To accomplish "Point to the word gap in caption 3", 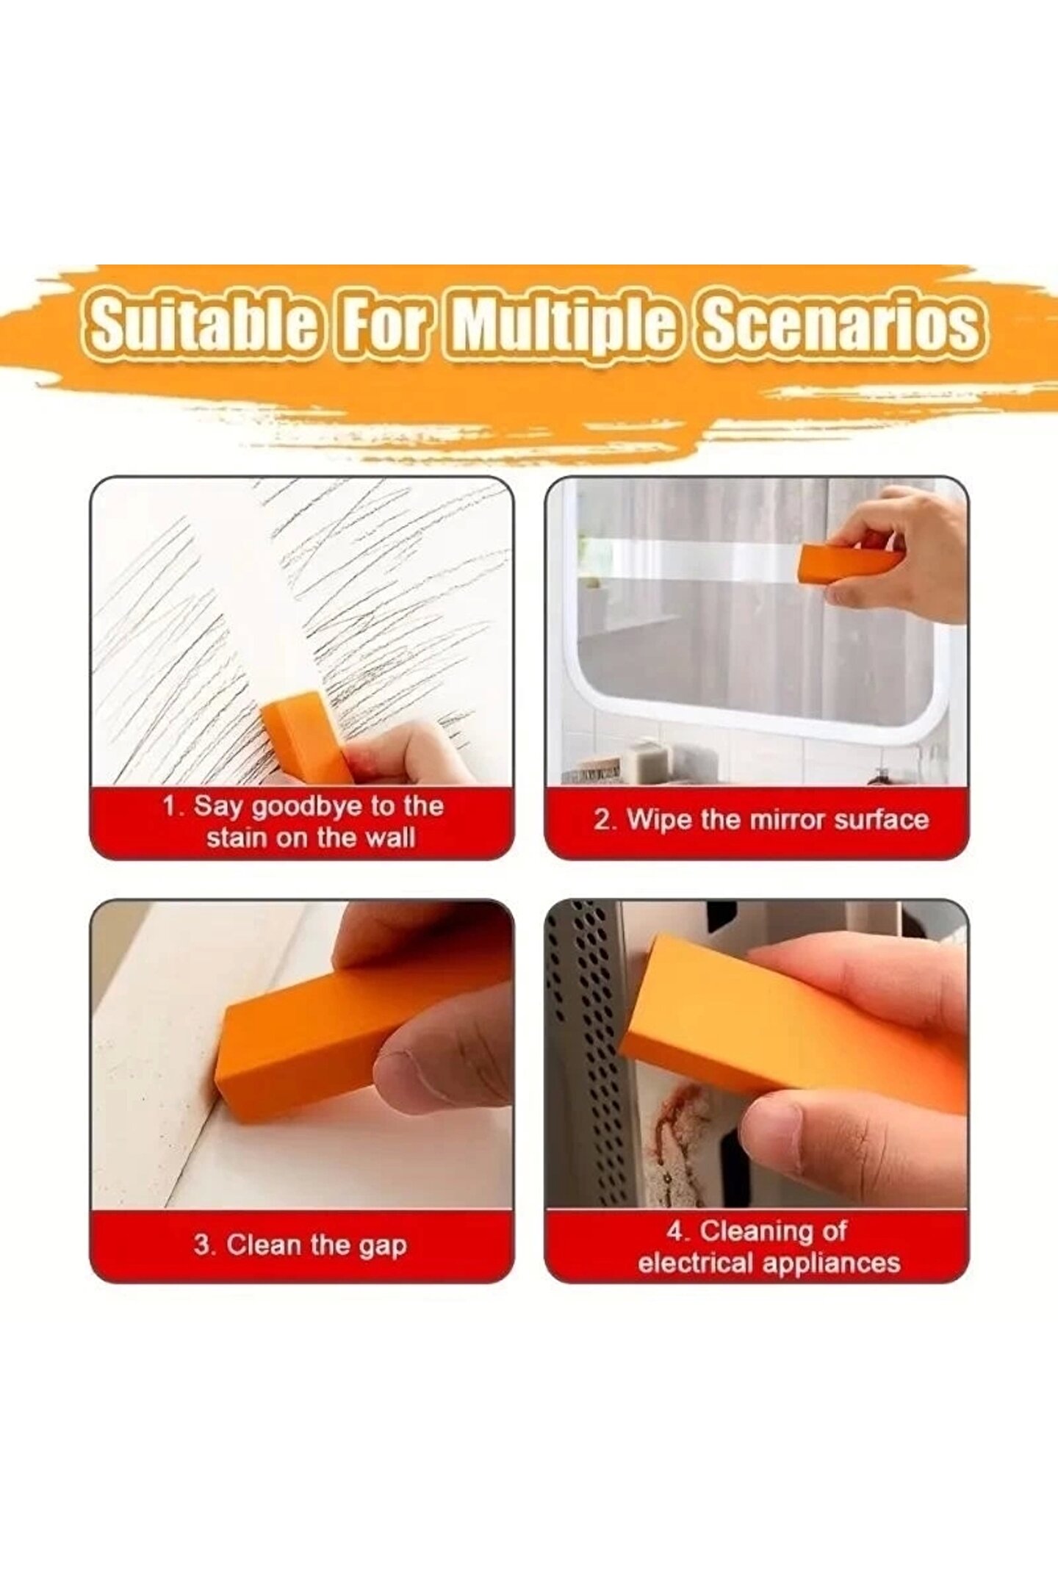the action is (382, 1247).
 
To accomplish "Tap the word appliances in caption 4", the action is (830, 1264).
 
